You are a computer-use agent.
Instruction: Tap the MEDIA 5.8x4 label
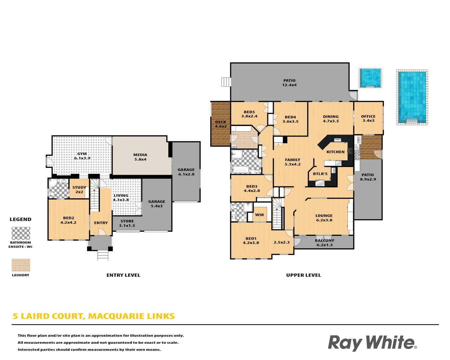[140, 157]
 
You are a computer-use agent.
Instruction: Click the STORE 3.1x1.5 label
[127, 223]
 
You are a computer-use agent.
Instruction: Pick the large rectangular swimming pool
[412, 97]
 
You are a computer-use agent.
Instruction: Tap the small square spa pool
[370, 78]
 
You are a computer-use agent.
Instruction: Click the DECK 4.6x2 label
[221, 124]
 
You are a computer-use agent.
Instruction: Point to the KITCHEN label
[335, 152]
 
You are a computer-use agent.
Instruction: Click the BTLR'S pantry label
[320, 174]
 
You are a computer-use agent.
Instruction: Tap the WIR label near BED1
[260, 215]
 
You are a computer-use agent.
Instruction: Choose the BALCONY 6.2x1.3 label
[325, 243]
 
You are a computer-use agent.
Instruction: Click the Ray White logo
[372, 343]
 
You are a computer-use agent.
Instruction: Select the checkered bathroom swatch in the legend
[21, 233]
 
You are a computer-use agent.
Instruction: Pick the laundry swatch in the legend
[21, 265]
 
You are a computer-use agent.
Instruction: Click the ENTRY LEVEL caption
[123, 275]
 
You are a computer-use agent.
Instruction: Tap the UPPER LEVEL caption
[303, 275]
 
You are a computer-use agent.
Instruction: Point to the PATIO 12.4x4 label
[289, 83]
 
